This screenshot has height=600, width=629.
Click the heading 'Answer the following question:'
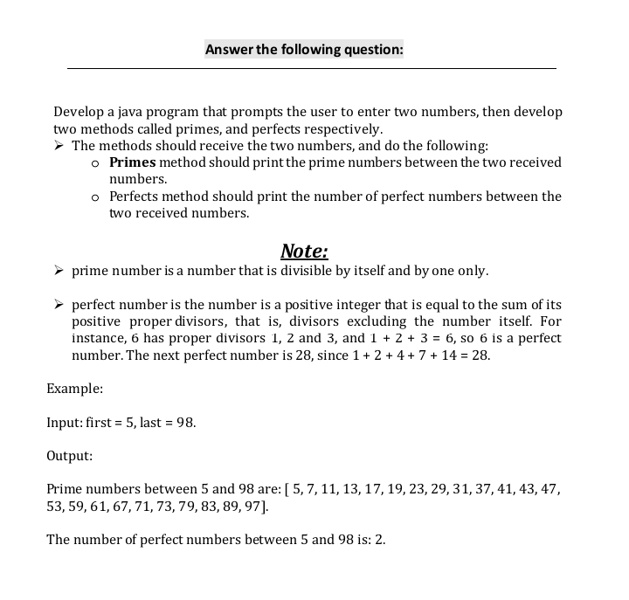pos(304,49)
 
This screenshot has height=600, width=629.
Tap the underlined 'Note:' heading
pos(304,252)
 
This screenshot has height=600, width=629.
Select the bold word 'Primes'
pos(133,162)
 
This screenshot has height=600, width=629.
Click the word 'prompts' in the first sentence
pos(244,113)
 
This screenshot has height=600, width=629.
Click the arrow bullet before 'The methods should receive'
pos(60,146)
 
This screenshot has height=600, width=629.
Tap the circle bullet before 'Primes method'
pos(96,163)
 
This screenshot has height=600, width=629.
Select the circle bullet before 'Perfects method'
pos(96,197)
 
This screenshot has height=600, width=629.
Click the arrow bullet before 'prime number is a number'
pos(60,272)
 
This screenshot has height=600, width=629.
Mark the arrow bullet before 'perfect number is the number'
pos(60,306)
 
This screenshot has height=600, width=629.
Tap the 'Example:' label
pos(74,388)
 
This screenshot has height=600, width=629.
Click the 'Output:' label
pos(69,456)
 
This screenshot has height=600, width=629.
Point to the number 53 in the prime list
pos(54,506)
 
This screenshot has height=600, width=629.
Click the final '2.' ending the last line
pos(379,540)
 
